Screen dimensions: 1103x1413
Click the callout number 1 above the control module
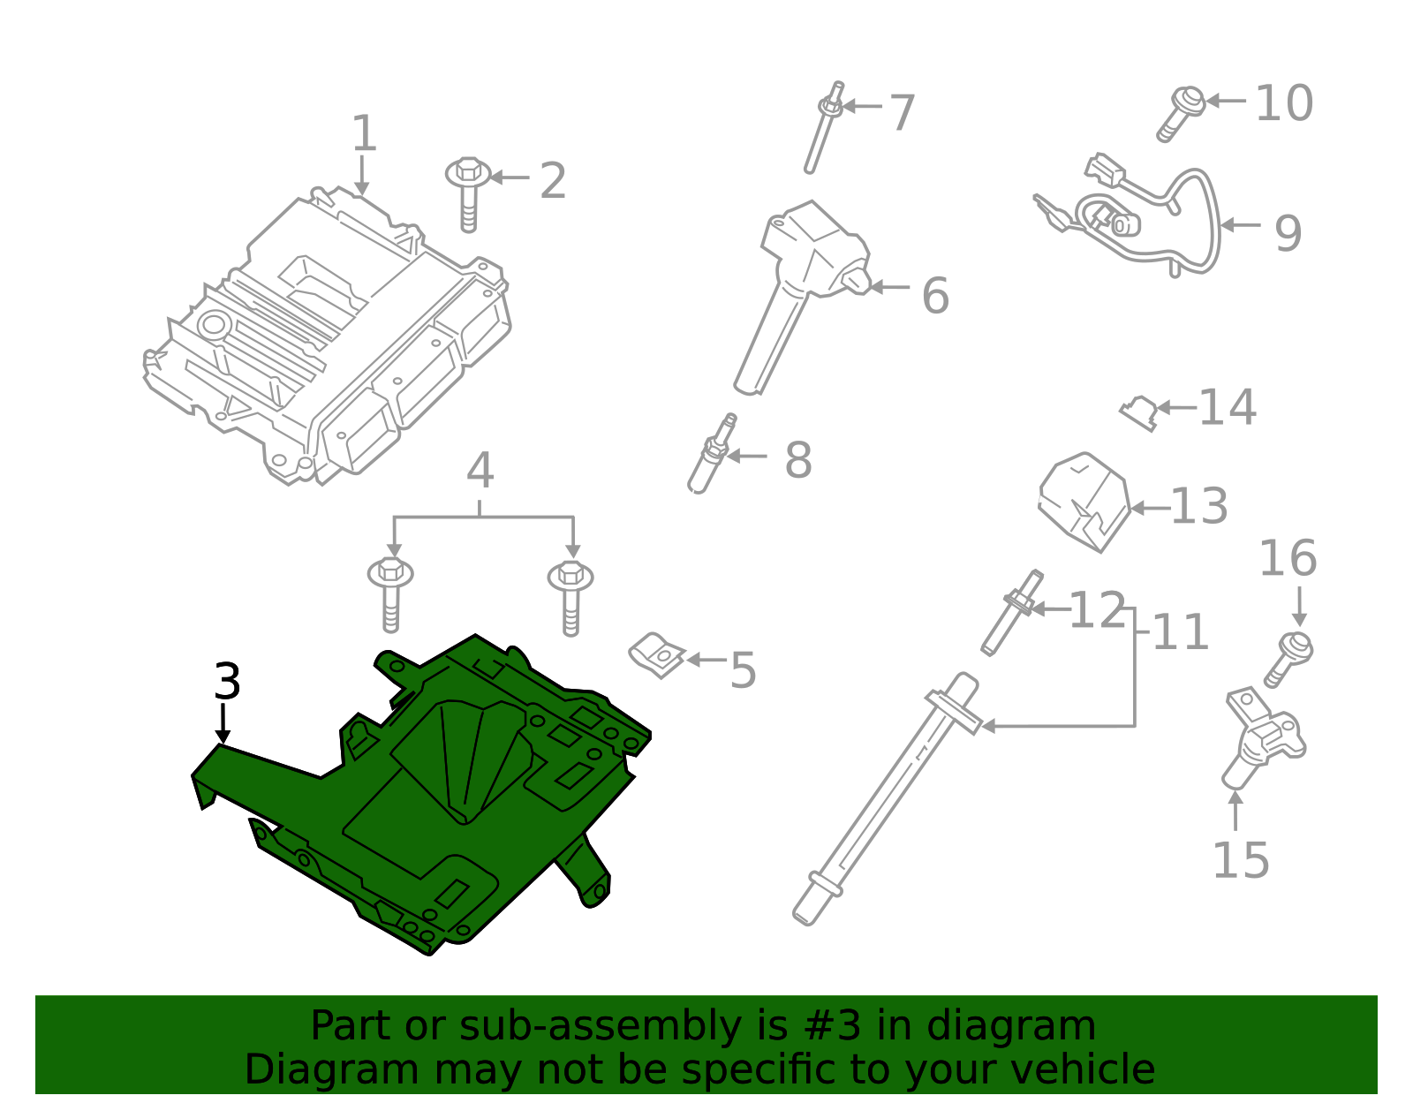tap(364, 134)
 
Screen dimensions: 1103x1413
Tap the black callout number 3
tap(227, 683)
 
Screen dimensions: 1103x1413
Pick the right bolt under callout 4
tap(570, 597)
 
